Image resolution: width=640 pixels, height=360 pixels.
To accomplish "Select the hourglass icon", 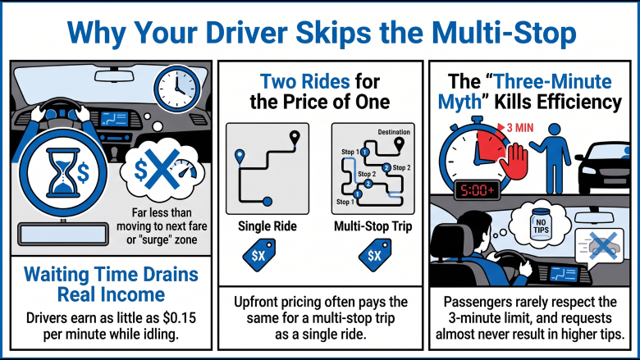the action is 63,173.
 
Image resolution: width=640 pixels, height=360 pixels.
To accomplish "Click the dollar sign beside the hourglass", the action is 83,173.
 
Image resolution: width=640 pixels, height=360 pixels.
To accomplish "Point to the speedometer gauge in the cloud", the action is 183,170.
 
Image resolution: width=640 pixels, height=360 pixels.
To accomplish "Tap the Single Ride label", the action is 267,226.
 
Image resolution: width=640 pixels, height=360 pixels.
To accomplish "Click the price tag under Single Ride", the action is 258,256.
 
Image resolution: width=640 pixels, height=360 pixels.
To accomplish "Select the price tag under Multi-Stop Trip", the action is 375,256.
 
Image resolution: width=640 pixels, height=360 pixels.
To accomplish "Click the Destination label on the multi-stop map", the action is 394,132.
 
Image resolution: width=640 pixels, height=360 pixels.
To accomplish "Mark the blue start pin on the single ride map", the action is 240,157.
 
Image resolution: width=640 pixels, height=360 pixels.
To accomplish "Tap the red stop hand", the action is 514,161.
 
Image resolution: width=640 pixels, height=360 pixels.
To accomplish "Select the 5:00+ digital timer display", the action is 477,190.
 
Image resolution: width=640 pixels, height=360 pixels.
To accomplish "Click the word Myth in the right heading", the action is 459,103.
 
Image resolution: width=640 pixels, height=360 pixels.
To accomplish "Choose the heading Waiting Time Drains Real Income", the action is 111,285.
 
